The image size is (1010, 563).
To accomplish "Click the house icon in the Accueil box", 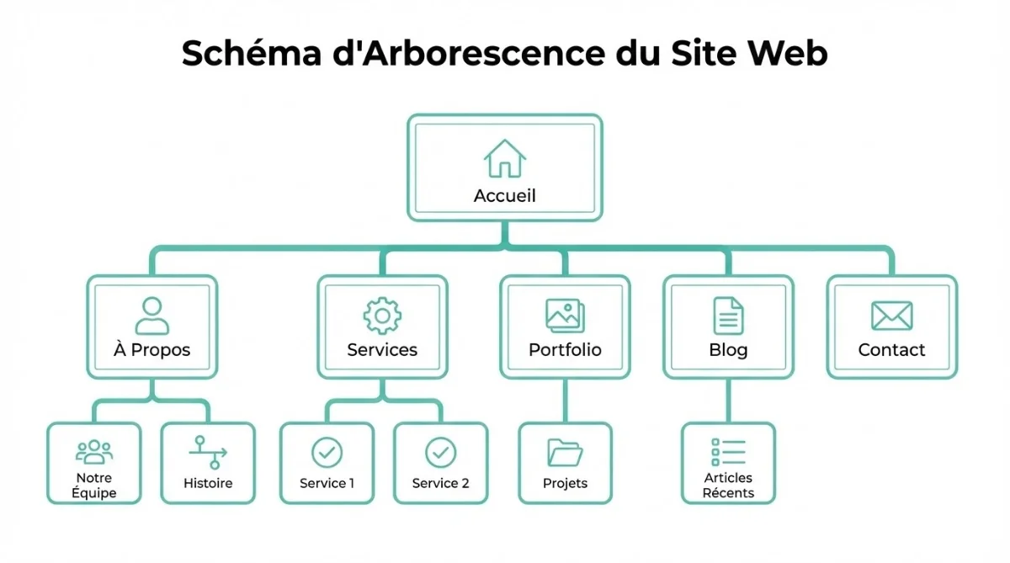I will pos(505,158).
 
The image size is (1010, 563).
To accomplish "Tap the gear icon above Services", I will pos(382,316).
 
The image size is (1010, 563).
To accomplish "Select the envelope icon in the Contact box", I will pos(891,316).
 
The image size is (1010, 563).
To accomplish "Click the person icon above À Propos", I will pos(151,316).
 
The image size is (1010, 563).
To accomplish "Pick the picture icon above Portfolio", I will pos(565,316).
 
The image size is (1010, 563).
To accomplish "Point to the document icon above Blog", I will pos(728,316).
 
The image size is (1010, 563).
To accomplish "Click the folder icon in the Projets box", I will pos(565,453).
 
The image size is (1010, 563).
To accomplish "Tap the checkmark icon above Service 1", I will pos(327,453).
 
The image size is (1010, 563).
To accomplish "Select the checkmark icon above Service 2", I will pos(440,453).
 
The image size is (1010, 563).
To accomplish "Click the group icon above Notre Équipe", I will pos(93,452).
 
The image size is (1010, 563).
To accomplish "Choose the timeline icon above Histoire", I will pos(208,452).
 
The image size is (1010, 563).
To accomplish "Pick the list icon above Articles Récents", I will pos(728,452).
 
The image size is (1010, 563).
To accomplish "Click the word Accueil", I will pos(505,196).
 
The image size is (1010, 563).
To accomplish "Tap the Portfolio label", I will pos(565,350).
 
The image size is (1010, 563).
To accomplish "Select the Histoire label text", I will pos(208,484).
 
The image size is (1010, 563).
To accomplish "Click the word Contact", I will pos(891,350).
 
